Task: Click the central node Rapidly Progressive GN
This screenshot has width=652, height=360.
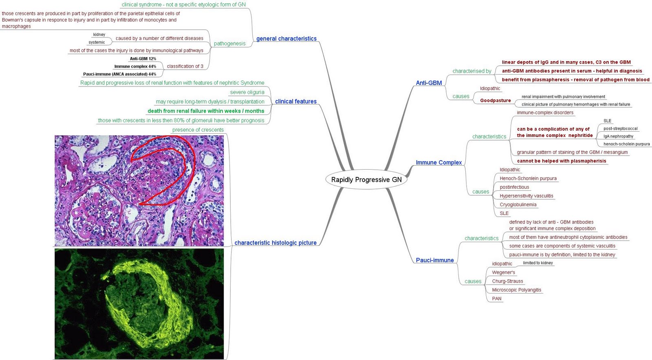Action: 366,180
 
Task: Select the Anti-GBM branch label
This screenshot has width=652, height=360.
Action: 429,83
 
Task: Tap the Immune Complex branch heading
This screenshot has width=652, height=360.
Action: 438,162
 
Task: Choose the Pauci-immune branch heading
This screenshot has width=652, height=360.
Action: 434,260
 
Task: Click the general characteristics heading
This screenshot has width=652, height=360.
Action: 286,39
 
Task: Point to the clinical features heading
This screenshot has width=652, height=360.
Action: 295,102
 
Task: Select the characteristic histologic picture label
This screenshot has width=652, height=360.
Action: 275,243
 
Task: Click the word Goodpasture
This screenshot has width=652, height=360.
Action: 495,100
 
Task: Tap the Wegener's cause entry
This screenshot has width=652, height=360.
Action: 503,272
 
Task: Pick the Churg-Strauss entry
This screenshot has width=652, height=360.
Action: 507,281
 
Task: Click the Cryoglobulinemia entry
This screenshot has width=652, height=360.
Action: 518,205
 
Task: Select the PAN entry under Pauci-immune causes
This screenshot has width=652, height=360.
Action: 496,298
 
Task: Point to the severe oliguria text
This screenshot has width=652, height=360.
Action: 247,92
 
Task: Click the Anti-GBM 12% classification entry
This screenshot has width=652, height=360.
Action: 143,59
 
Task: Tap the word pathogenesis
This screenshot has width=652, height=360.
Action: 229,44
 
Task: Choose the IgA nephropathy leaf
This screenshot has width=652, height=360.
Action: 618,136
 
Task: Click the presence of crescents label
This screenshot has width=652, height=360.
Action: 198,130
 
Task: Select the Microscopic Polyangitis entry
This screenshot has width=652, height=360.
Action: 516,290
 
